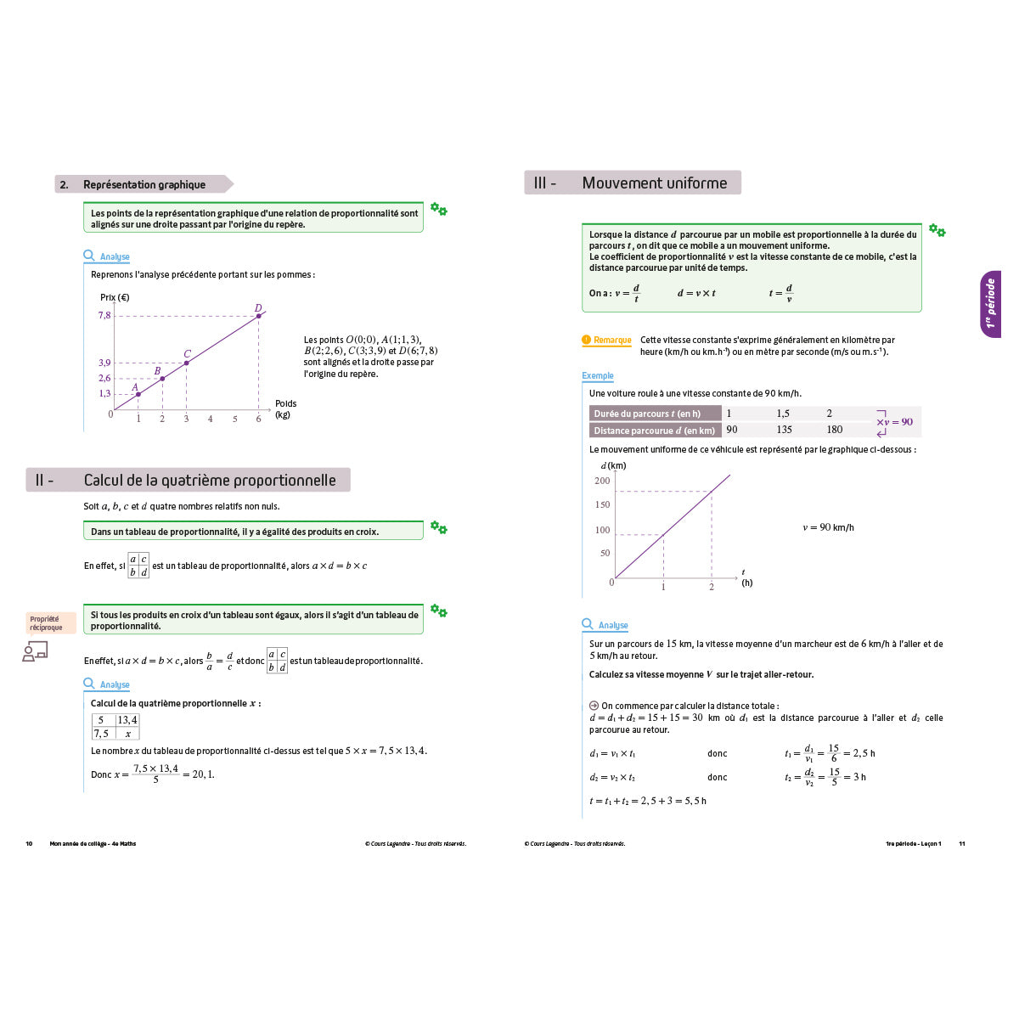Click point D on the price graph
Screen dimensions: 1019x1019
pos(259,316)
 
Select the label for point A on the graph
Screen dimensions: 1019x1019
pos(134,387)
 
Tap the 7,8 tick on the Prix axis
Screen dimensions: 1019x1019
pos(104,315)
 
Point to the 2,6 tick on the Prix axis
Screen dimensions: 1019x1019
pos(104,378)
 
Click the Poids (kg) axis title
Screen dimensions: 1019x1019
pos(285,409)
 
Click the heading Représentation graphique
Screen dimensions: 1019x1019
pos(144,184)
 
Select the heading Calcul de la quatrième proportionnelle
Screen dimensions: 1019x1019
pos(209,481)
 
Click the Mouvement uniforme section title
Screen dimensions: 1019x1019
pos(654,183)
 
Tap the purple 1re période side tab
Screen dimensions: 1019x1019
pos(990,304)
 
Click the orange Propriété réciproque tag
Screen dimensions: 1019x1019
pos(47,623)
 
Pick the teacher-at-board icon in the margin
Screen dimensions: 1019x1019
pos(35,651)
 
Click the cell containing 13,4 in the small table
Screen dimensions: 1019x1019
pos(127,720)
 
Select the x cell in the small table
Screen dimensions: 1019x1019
pos(127,734)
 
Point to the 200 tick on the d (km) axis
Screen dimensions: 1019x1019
pos(602,481)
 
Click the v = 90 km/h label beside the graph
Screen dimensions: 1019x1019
pos(828,527)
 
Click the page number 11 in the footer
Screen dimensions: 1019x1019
pos(962,844)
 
